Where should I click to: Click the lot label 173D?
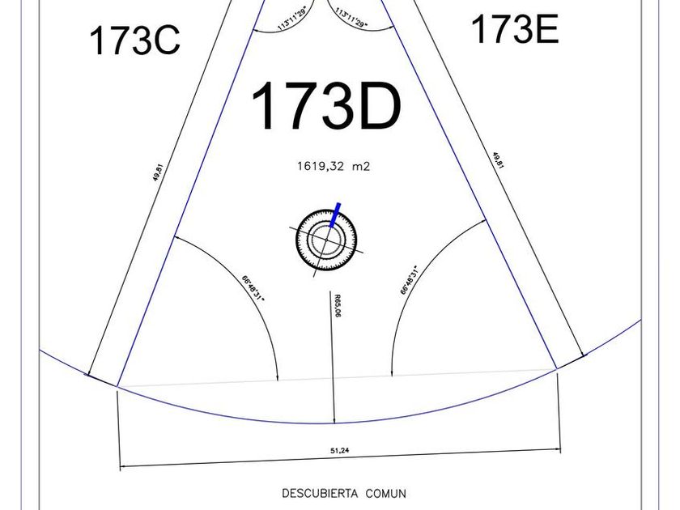[x=326, y=106]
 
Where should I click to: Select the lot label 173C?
[x=134, y=40]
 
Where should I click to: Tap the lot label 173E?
[x=515, y=29]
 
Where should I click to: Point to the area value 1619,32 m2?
[x=334, y=166]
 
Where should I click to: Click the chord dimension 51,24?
[x=339, y=450]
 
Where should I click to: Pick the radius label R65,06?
[x=338, y=306]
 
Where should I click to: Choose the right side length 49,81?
[x=498, y=160]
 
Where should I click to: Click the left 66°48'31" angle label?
[x=253, y=288]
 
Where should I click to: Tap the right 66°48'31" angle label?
[x=410, y=280]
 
